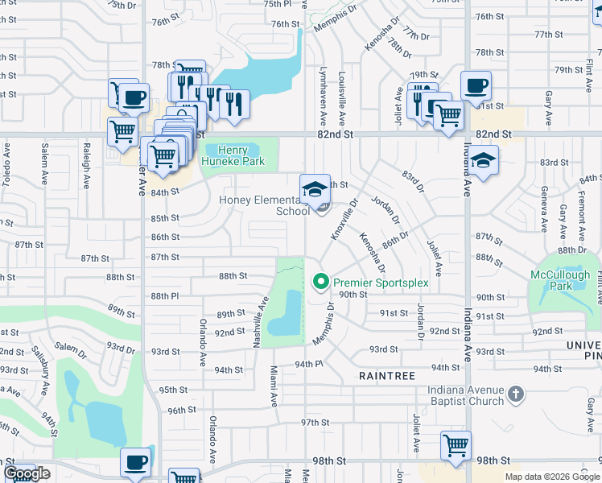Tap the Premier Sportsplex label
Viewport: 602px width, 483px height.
pyautogui.click(x=381, y=283)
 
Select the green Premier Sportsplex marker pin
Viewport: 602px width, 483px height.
pyautogui.click(x=320, y=282)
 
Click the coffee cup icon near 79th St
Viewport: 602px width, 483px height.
pyautogui.click(x=475, y=85)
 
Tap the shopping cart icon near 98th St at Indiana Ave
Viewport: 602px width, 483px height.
pyautogui.click(x=456, y=445)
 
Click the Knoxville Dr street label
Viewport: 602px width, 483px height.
pyautogui.click(x=344, y=222)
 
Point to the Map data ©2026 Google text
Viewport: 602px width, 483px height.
pyautogui.click(x=551, y=477)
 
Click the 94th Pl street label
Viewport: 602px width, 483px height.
pyautogui.click(x=308, y=364)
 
